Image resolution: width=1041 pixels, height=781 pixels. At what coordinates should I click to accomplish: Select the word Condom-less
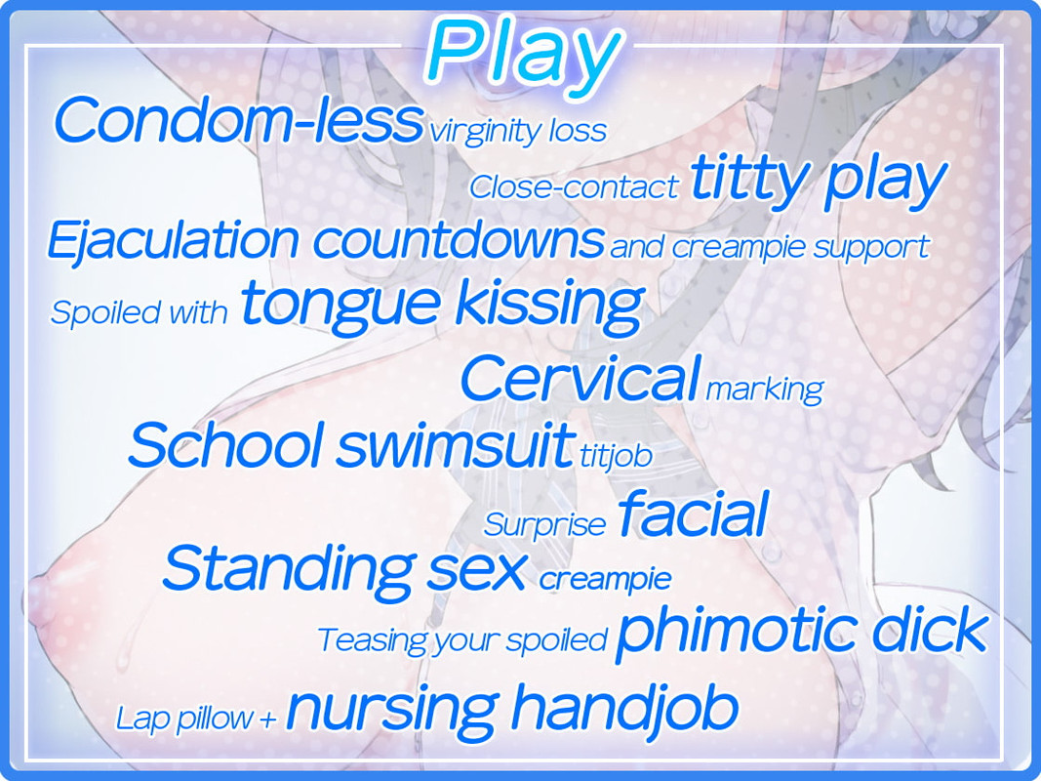[x=238, y=119]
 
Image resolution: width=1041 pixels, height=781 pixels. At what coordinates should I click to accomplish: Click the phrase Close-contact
[x=574, y=186]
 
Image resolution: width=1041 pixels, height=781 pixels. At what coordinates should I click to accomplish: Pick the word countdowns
[x=459, y=240]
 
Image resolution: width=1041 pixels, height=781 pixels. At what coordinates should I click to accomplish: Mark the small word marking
[x=764, y=390]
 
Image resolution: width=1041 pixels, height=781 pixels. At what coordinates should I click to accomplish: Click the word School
[x=225, y=444]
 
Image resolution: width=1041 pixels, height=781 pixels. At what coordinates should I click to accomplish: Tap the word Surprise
[x=544, y=524]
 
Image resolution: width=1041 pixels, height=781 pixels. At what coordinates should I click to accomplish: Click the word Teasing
[x=373, y=640]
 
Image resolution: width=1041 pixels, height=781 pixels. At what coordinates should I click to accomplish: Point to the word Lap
[x=142, y=719]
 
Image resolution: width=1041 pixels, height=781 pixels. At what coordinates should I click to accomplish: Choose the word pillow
[x=213, y=719]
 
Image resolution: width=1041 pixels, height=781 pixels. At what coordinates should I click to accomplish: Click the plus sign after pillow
[x=267, y=719]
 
